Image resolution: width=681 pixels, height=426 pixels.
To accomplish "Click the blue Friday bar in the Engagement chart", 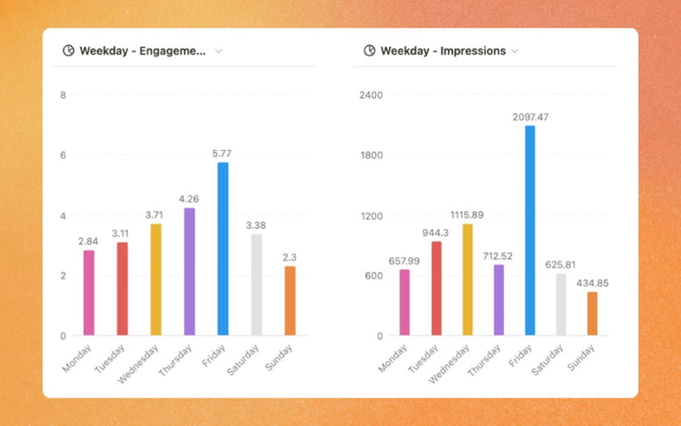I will pos(223,249).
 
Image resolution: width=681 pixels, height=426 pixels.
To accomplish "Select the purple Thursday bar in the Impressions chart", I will pos(498,300).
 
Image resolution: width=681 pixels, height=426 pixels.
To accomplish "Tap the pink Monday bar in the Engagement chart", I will pos(89,293).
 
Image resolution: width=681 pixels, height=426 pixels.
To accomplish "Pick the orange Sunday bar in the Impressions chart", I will pos(592,314).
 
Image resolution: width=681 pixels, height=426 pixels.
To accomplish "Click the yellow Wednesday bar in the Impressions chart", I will pos(467,280).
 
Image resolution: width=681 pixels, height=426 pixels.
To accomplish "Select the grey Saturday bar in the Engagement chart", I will pos(256,285).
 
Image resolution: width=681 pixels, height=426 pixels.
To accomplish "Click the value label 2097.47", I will pos(529,117).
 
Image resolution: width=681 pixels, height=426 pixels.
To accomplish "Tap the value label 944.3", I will pos(437,232).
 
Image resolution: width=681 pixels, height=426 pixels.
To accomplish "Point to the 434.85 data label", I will pos(592,283).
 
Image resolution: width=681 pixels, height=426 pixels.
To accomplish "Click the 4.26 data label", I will pos(189,199).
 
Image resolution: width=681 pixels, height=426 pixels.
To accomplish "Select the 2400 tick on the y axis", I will pos(371,94).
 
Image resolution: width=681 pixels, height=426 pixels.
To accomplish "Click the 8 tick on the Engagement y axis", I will pos(64,94).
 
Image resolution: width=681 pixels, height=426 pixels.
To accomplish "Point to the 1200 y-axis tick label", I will pos(371,215).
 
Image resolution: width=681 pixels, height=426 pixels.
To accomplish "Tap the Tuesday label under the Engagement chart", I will pos(111,358).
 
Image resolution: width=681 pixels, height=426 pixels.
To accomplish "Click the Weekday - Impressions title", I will pos(443,51).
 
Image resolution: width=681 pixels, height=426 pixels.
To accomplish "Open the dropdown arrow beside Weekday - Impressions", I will pos(515,51).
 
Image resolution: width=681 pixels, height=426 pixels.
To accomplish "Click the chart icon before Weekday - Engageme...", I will pos(68,51).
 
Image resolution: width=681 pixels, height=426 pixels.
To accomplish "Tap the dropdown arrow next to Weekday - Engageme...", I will pos(219,51).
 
